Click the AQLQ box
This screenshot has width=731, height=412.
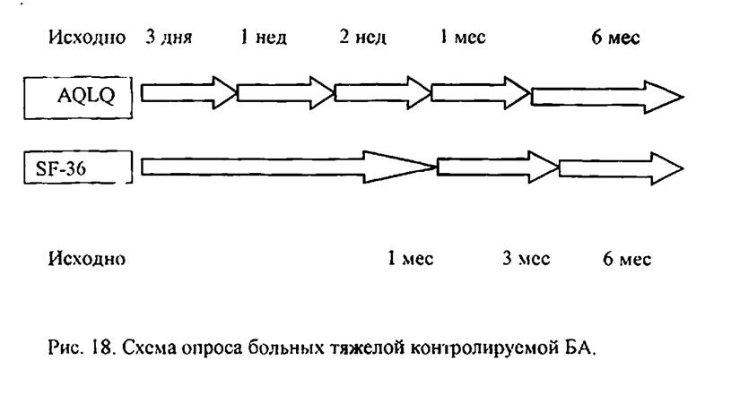[x=78, y=98]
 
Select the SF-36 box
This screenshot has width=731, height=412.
[x=78, y=167]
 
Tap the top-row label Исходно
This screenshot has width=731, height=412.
[x=87, y=38]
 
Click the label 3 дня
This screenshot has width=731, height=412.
[x=169, y=38]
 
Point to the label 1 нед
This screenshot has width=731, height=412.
[x=264, y=38]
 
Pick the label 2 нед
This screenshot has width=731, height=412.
[x=362, y=38]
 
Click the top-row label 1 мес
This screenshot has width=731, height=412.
[x=463, y=38]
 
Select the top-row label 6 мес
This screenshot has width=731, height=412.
[x=615, y=38]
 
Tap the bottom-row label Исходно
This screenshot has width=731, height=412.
[x=87, y=258]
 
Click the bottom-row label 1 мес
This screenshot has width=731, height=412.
[x=410, y=258]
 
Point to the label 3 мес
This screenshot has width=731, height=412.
[x=526, y=258]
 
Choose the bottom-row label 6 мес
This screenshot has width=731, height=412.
[x=627, y=258]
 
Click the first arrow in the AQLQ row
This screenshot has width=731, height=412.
[x=189, y=93]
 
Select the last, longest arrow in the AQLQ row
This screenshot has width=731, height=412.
[x=607, y=97]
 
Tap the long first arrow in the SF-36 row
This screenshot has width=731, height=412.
[x=289, y=167]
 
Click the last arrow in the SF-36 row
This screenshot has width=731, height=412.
[x=621, y=168]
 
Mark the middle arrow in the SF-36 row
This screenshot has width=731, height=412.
[x=498, y=167]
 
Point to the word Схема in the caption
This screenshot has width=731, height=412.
[x=150, y=348]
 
